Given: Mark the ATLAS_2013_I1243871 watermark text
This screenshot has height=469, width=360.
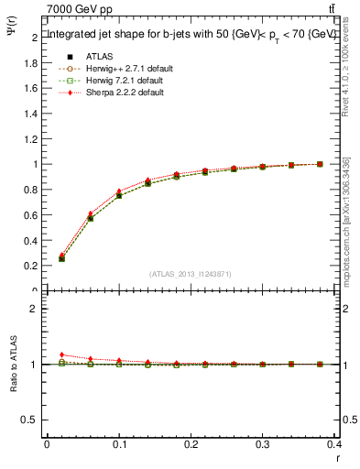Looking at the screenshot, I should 191,274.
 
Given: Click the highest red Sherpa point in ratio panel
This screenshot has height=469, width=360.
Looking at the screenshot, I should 61,354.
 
